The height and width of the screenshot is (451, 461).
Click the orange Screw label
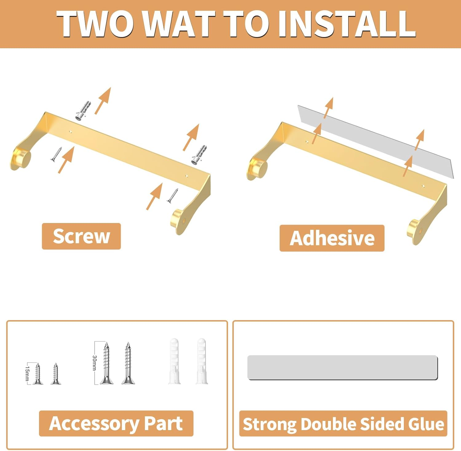81,236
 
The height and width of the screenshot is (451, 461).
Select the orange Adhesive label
332,238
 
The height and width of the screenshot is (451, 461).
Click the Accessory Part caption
116,423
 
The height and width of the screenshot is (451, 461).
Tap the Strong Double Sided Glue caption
343,424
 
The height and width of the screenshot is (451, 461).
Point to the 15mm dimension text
27,373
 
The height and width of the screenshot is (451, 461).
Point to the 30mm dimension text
94,363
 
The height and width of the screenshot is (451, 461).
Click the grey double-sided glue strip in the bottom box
343,367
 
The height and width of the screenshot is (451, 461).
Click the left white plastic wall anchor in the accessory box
174,361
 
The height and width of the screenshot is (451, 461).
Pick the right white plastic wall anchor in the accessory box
202,361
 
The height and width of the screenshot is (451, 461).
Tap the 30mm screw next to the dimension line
106,363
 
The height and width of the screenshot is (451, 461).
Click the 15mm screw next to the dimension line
38,374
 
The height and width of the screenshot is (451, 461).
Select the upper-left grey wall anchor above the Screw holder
83,110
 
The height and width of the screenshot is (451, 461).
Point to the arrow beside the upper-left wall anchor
103,101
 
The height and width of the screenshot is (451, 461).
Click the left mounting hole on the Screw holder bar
71,132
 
